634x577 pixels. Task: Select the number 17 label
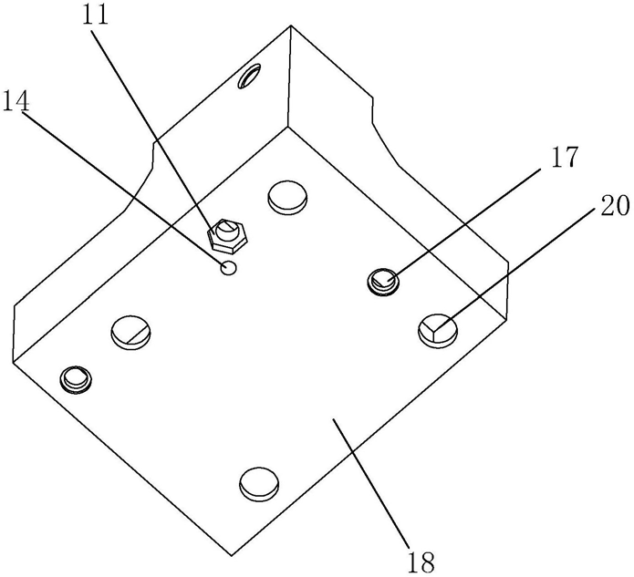point(563,158)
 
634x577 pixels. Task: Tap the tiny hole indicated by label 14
point(229,267)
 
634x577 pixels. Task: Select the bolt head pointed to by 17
point(383,281)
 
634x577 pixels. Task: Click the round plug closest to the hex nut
point(287,195)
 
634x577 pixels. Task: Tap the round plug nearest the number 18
point(258,483)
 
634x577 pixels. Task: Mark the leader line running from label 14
point(128,186)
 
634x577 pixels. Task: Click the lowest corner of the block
point(234,553)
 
